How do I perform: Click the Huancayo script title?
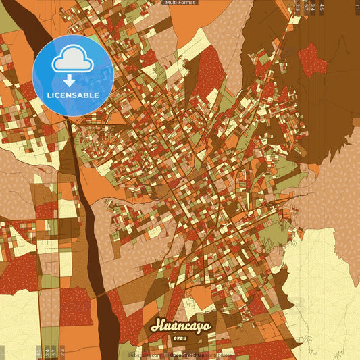pyautogui.click(x=180, y=325)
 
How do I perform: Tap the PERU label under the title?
pyautogui.click(x=180, y=337)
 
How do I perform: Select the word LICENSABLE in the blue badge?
pyautogui.click(x=73, y=95)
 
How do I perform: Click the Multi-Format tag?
pyautogui.click(x=180, y=3)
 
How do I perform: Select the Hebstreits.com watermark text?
pyautogui.click(x=143, y=355)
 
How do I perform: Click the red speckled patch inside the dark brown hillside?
pyautogui.click(x=311, y=59)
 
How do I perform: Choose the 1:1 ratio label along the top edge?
pyautogui.click(x=357, y=7)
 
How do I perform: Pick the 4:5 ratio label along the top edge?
pyautogui.click(x=322, y=7)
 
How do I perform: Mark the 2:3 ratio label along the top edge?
pyautogui.click(x=298, y=7)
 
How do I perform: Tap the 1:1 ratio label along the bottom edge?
pyautogui.click(x=3, y=352)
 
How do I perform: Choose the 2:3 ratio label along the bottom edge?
pyautogui.click(x=61, y=352)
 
